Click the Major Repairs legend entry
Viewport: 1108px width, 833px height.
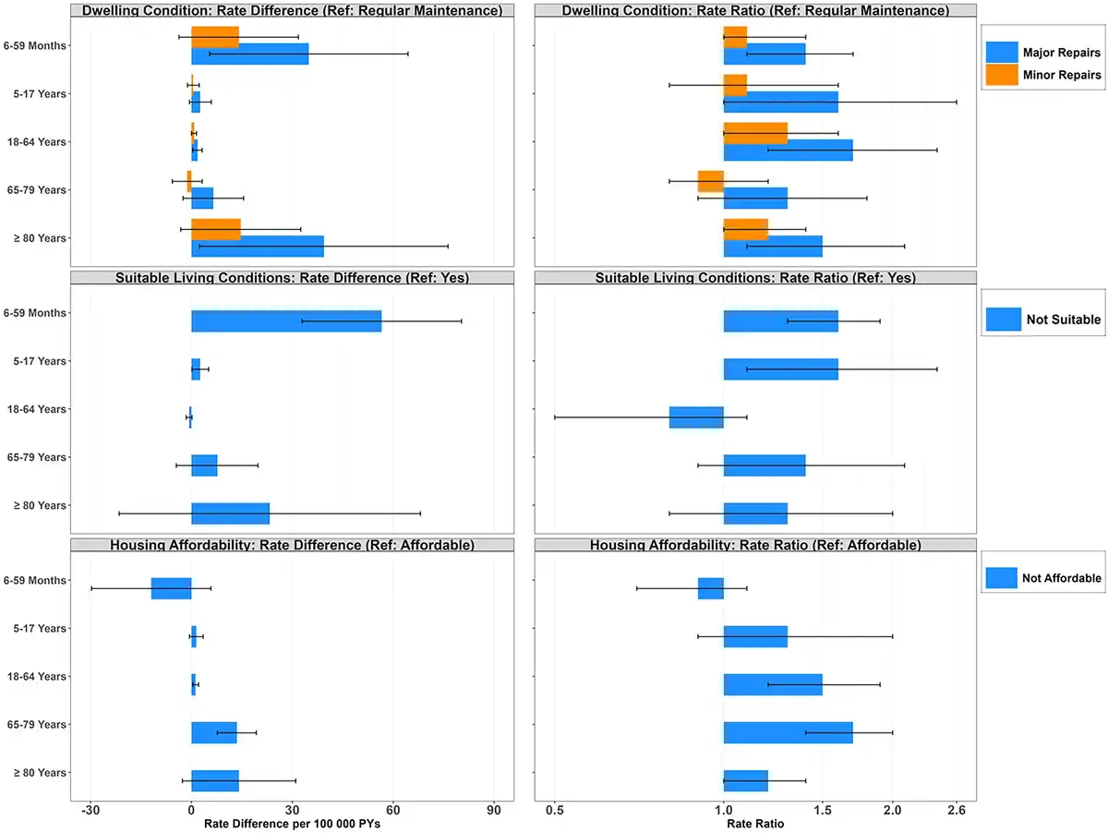pos(1043,53)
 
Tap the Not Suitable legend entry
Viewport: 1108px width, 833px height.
pos(1043,320)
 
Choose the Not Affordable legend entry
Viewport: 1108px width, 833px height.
pos(1043,578)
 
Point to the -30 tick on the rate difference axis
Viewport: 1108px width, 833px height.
pos(90,810)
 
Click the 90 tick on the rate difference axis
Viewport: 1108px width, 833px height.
pos(494,810)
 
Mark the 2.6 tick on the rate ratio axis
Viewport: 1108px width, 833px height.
pos(957,810)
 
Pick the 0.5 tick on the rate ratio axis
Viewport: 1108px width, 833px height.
pos(555,810)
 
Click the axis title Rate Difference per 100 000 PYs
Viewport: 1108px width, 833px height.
pos(292,824)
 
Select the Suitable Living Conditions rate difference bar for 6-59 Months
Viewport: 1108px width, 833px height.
pos(286,320)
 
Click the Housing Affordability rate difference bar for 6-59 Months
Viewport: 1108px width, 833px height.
pos(172,588)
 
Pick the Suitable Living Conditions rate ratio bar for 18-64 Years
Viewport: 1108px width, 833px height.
pos(696,417)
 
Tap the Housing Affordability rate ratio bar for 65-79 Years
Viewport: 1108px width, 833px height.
pos(788,732)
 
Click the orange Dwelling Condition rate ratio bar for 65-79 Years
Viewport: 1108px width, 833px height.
pos(710,181)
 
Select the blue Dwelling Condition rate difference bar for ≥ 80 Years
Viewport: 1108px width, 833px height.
pos(258,247)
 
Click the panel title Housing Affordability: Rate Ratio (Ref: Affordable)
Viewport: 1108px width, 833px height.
pos(755,546)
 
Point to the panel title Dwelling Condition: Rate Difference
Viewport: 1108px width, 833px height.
pos(292,10)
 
